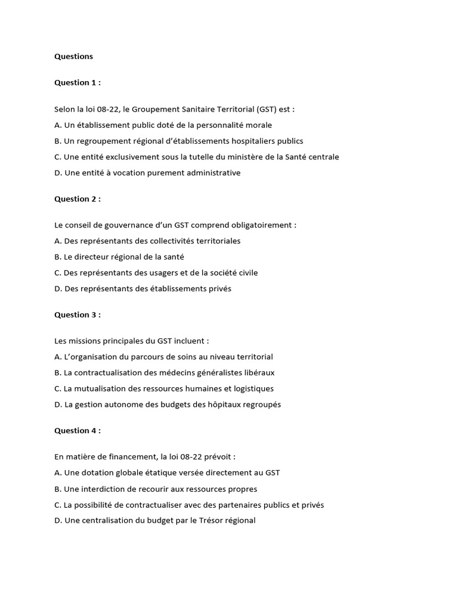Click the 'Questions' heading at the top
(73, 57)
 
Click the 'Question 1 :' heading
(78, 82)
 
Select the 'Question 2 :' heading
(78, 199)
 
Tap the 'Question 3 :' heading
(78, 314)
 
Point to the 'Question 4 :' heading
(78, 430)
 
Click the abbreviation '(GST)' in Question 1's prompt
(268, 109)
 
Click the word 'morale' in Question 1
(258, 125)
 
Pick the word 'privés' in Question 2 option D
(219, 289)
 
